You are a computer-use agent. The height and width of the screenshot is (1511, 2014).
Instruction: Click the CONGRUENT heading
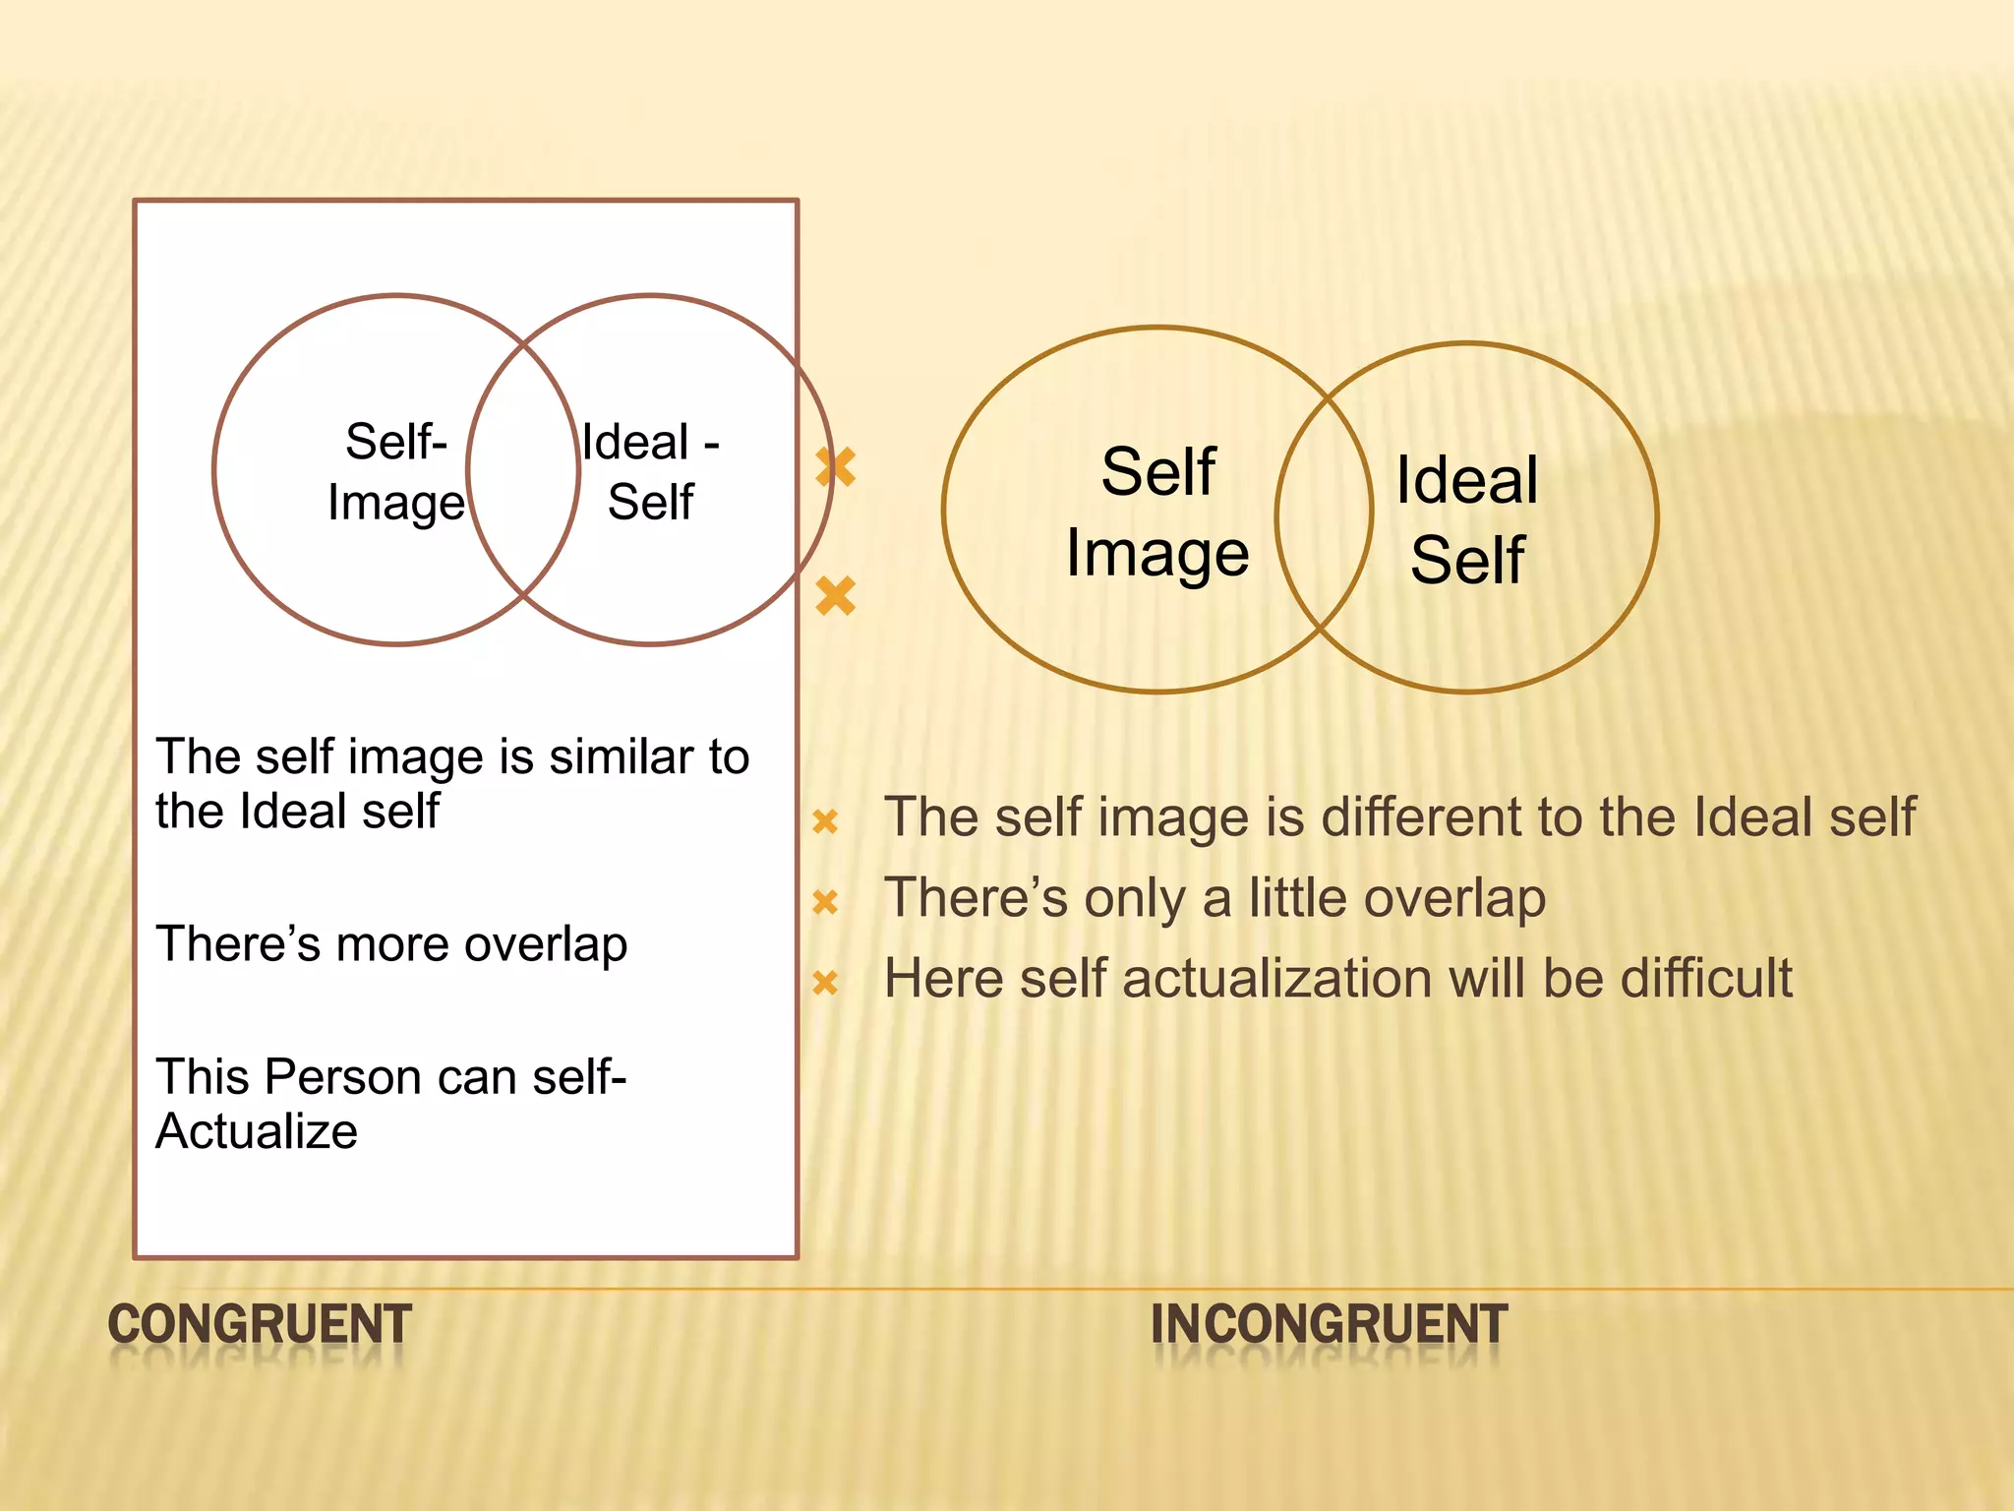pos(260,1324)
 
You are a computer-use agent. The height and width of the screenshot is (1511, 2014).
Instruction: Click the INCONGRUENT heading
pos(1329,1324)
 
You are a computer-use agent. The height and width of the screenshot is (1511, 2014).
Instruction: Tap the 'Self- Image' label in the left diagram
pos(396,471)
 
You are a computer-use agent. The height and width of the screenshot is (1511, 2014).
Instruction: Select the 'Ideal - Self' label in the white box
pos(650,471)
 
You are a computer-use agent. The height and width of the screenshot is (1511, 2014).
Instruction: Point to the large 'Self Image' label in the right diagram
pos(1157,512)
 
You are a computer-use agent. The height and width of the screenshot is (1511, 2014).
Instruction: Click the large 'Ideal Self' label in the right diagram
pos(1467,519)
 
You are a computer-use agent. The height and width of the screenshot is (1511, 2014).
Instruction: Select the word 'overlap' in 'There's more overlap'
pos(546,945)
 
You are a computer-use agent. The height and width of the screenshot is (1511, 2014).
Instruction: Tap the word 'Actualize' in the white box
pos(257,1131)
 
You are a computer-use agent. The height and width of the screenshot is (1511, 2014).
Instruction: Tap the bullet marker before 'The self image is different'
pos(825,820)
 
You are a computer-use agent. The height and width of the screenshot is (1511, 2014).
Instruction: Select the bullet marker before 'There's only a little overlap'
pos(825,901)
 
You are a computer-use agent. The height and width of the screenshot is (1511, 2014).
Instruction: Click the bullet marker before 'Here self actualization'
pos(825,982)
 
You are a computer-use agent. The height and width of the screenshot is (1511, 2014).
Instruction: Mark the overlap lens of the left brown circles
pos(523,470)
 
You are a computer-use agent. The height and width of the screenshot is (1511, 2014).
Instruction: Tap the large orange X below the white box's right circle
pos(836,596)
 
